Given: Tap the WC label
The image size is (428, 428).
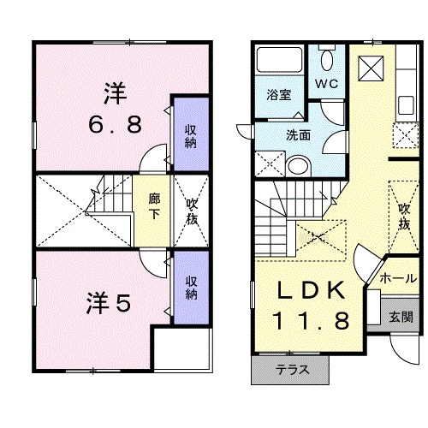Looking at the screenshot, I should pyautogui.click(x=327, y=84).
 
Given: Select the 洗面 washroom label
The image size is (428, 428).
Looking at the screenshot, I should pyautogui.click(x=297, y=134).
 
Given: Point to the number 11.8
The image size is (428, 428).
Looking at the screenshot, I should pyautogui.click(x=312, y=321).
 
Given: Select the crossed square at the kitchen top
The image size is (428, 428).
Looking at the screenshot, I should pyautogui.click(x=373, y=66).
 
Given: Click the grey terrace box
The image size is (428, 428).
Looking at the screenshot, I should pyautogui.click(x=291, y=370).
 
